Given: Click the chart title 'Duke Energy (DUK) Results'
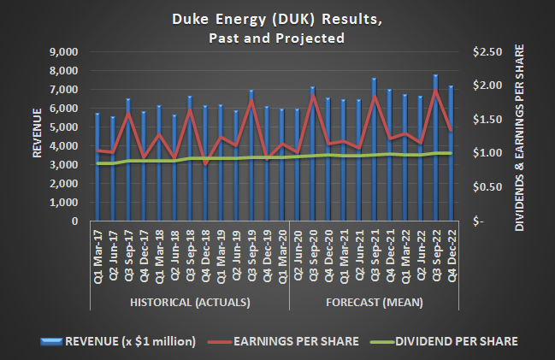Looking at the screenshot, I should coord(276,20).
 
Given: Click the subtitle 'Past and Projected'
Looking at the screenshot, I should coord(276,38).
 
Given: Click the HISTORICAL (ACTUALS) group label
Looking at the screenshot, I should coord(190,302).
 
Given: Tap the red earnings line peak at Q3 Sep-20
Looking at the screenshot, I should coord(313,95).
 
